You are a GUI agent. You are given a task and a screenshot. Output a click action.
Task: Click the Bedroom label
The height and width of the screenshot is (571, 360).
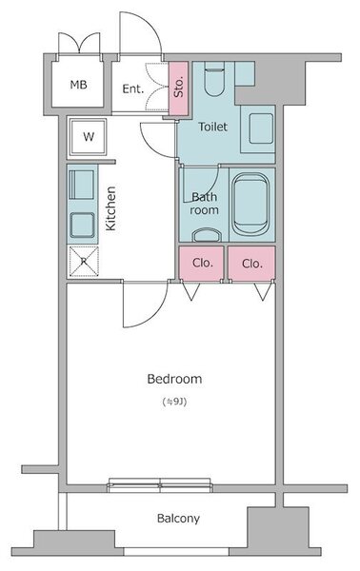point(174,379)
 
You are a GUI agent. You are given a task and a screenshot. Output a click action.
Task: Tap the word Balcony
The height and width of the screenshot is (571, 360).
point(178,519)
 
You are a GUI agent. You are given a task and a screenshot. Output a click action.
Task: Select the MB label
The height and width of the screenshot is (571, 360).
point(79,85)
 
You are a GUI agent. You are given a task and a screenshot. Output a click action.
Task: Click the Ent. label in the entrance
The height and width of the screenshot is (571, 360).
point(133,89)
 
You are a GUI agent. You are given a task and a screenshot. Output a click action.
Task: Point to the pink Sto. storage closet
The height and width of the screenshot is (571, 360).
point(178,88)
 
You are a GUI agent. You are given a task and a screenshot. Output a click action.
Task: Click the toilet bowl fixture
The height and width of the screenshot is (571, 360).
point(214,79)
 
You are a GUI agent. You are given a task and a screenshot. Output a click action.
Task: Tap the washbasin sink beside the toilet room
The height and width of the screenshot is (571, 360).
point(261,128)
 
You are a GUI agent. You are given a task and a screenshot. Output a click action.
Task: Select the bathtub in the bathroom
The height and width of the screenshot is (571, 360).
point(250,205)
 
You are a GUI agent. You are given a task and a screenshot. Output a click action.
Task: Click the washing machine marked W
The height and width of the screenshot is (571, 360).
point(89,137)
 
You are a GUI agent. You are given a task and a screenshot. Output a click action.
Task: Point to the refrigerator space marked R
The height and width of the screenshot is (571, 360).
point(84,261)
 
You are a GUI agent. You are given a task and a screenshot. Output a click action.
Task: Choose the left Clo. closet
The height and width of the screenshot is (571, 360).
point(201,264)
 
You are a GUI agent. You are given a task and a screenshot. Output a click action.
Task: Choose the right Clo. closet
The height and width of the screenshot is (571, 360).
point(251,264)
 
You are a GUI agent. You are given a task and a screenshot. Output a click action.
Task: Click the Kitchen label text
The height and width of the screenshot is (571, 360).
point(110,208)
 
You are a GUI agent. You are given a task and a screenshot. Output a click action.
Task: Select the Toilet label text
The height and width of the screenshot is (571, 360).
point(212,127)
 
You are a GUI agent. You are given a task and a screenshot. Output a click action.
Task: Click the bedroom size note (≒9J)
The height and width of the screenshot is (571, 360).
point(175,402)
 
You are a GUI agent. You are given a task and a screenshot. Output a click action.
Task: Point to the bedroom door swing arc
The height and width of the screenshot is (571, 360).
point(157,316)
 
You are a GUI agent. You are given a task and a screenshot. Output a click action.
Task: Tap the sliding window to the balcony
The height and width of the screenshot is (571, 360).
point(160,485)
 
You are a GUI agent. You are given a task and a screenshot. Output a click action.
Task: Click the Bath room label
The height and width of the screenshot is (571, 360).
point(204,204)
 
